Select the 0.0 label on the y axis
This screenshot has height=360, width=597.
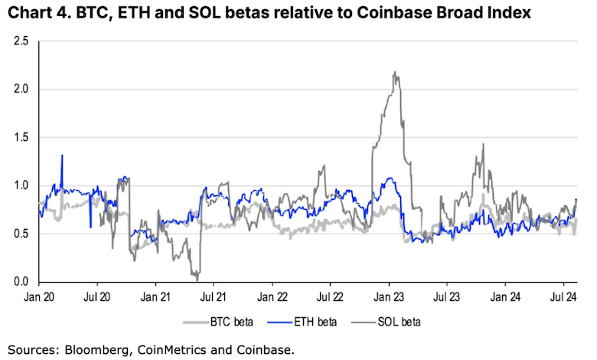tap(21, 282)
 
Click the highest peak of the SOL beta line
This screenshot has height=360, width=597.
tap(394, 73)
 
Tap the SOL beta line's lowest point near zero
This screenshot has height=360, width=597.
tap(197, 279)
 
